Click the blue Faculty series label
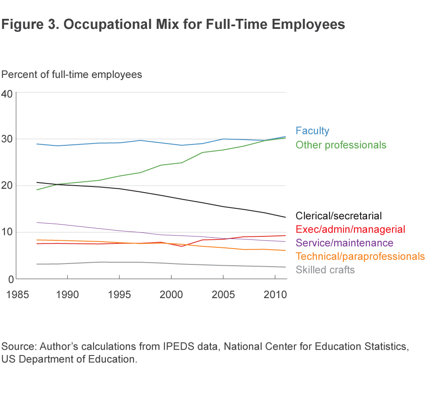tap(312, 130)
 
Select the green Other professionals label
tap(341, 144)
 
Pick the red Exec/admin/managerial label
tap(350, 229)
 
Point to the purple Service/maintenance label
tap(344, 243)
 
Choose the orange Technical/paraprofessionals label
tap(360, 256)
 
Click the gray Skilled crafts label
tap(325, 270)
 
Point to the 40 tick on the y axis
tap(7, 93)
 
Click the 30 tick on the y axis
tap(7, 139)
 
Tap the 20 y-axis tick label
tap(7, 186)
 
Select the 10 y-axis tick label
tap(7, 232)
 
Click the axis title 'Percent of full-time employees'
tap(72, 74)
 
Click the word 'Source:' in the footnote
tap(19, 347)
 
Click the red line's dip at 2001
tap(181, 246)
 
